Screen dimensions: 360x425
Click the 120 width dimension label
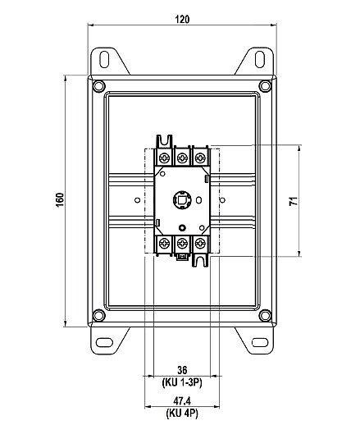point(182,19)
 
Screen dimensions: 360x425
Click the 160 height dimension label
point(60,200)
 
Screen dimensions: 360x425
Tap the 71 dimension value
point(294,201)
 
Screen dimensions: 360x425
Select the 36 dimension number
point(182,370)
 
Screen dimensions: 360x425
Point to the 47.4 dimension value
point(182,401)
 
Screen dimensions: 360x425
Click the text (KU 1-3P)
point(182,382)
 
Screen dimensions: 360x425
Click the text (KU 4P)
point(182,414)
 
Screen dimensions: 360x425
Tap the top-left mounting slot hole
point(104,59)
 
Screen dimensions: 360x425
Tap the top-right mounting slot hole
point(260,59)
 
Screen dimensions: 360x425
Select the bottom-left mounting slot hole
point(104,342)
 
